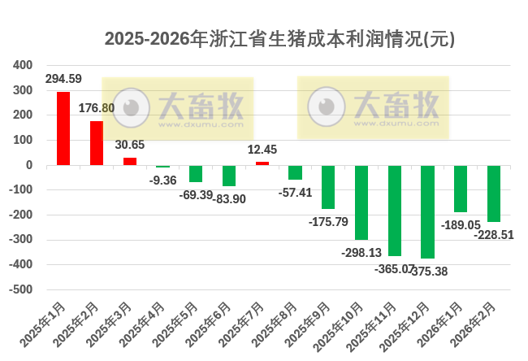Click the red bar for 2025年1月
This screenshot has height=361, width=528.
63,128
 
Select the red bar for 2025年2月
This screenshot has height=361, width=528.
96,143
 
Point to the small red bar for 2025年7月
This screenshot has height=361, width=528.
262,163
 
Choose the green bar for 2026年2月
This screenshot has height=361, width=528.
494,194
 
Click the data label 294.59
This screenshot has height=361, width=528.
63,79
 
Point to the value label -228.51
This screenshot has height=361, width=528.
494,234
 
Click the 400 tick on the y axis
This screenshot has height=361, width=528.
24,65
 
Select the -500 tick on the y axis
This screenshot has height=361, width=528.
22,289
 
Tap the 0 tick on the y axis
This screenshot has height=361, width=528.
28,165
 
